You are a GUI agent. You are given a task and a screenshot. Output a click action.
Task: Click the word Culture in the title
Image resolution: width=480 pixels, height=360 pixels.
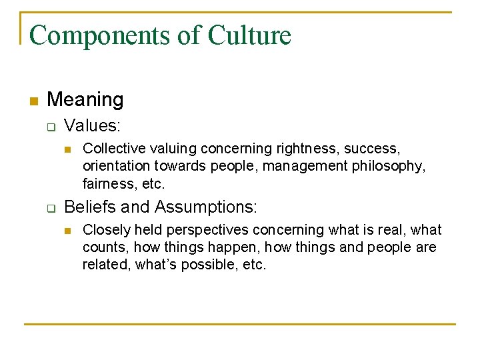pos(249,35)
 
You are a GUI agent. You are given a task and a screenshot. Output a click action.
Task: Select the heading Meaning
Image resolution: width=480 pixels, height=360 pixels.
pos(85,100)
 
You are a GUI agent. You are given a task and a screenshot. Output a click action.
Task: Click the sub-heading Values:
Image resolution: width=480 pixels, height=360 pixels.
pos(92,125)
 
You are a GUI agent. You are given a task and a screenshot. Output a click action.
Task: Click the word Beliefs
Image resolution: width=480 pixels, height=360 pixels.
pos(89,207)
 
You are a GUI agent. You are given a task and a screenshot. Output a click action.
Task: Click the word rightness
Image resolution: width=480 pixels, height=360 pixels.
pos(307,148)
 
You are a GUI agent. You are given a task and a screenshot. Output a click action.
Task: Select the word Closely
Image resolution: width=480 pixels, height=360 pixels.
pos(106,230)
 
